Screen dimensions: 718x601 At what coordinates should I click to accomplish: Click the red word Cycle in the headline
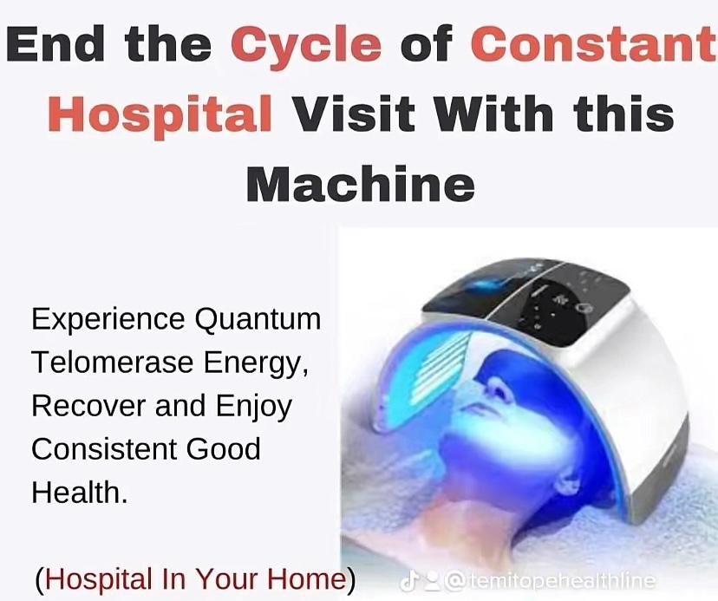coord(306,46)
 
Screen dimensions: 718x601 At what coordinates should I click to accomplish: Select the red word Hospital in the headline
coord(160,114)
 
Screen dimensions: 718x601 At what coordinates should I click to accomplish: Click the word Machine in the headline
coord(361,184)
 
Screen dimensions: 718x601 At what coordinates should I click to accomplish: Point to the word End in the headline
coord(55,43)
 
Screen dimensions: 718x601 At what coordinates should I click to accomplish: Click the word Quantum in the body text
coord(258,319)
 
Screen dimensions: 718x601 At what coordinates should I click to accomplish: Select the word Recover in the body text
coord(88,406)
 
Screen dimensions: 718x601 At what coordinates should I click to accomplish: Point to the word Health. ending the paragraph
coord(80,493)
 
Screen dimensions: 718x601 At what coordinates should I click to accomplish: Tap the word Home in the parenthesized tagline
coord(307,578)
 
